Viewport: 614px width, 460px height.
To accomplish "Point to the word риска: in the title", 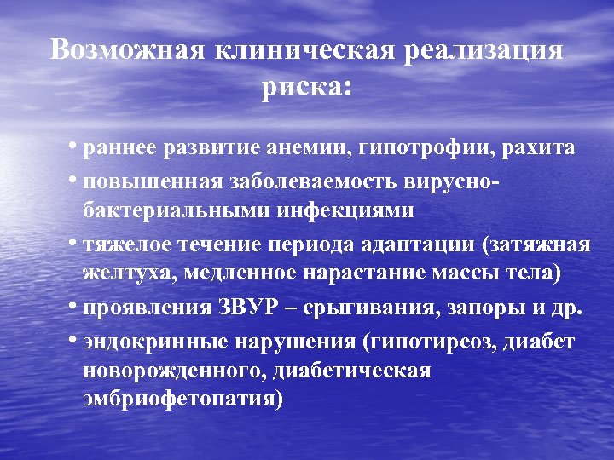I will pyautogui.click(x=306, y=88).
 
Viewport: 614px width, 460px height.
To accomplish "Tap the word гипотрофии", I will pyautogui.click(x=427, y=148).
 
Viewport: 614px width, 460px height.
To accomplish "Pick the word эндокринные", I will pyautogui.click(x=145, y=342).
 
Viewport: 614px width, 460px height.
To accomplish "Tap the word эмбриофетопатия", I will pyautogui.click(x=182, y=399).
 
